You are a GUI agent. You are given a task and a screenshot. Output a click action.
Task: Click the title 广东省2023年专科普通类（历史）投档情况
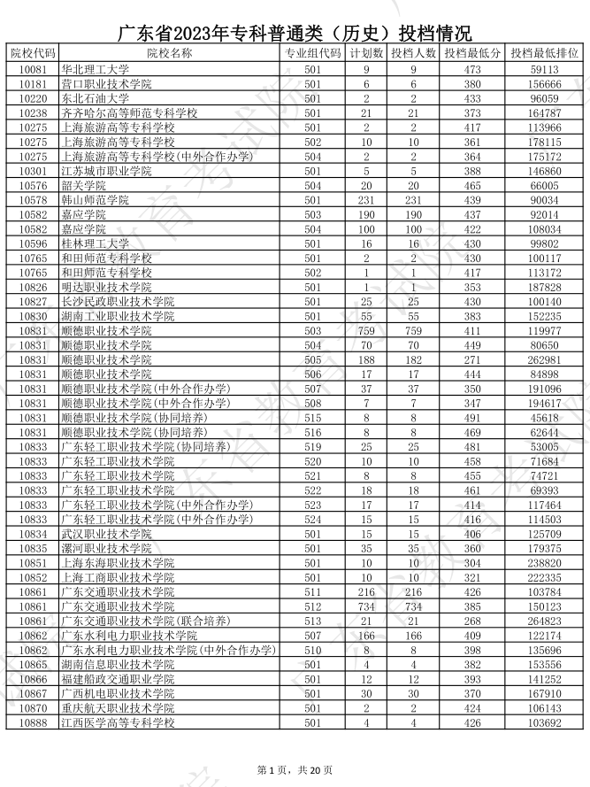click(295, 34)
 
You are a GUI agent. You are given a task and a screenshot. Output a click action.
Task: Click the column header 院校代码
click(33, 53)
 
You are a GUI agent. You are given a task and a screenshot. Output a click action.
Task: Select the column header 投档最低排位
click(545, 53)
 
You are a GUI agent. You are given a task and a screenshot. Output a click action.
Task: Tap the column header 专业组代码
click(312, 53)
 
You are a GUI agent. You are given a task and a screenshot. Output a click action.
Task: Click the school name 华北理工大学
click(95, 69)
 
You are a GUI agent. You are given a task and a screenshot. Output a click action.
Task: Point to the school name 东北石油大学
click(95, 98)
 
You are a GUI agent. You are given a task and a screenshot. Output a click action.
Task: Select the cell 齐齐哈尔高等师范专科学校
click(129, 113)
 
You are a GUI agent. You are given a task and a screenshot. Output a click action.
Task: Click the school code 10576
click(33, 186)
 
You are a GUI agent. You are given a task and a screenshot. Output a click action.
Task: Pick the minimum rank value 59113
click(545, 69)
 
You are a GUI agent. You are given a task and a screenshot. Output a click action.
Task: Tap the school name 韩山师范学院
click(95, 200)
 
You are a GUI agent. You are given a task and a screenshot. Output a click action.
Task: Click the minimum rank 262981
click(545, 359)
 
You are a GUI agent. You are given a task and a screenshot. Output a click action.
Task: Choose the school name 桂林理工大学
click(95, 243)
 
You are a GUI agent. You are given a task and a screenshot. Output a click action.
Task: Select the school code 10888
click(33, 722)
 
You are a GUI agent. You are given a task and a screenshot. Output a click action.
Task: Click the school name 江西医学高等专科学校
click(118, 722)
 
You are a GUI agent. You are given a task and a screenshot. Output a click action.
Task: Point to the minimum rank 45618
click(545, 418)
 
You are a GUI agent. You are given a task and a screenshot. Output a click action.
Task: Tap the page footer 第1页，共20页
click(295, 770)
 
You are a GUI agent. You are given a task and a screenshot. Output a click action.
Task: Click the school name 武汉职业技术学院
click(106, 534)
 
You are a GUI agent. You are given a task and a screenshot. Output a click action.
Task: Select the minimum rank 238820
click(545, 563)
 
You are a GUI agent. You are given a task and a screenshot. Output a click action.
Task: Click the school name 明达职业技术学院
click(106, 287)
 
